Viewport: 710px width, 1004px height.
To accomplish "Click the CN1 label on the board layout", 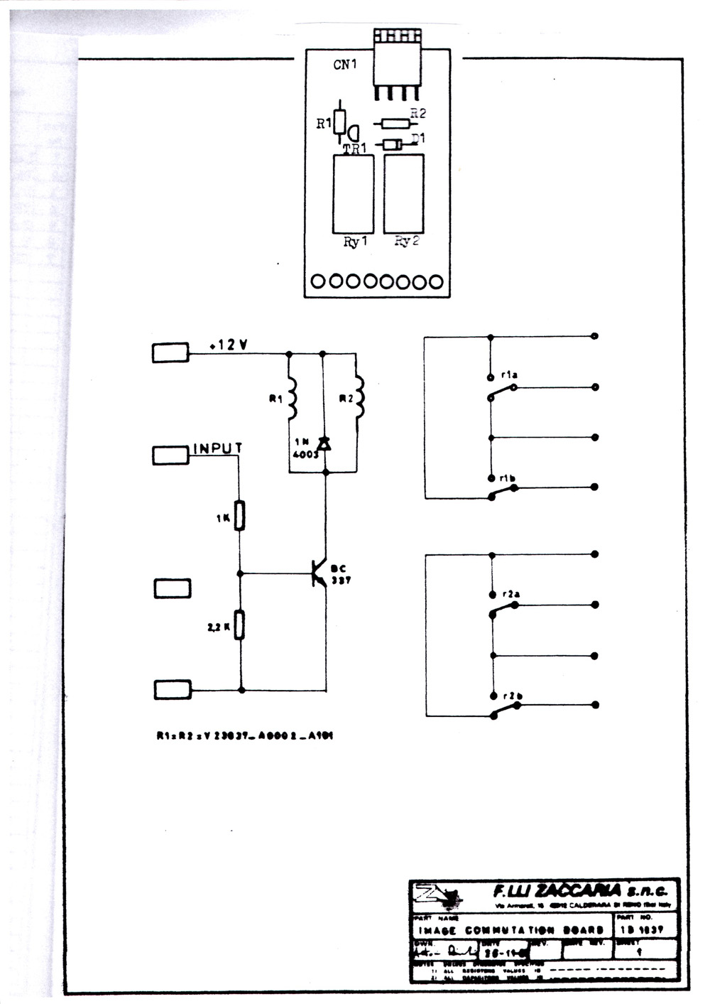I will (345, 65).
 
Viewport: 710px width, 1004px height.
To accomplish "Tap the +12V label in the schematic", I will (229, 345).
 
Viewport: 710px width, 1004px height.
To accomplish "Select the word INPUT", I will (218, 448).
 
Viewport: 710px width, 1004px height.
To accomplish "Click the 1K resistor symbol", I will (240, 516).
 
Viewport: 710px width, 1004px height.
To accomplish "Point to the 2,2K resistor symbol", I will (241, 625).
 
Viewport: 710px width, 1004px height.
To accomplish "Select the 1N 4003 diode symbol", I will (324, 444).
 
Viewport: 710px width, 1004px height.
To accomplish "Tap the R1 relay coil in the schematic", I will (291, 398).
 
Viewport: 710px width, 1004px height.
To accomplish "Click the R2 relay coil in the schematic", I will (359, 398).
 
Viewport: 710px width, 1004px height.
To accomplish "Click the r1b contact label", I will (507, 479).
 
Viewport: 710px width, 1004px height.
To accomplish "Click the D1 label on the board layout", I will (419, 138).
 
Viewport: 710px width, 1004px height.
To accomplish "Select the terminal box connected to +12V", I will (170, 352).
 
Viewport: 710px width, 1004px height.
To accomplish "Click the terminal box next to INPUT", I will (170, 455).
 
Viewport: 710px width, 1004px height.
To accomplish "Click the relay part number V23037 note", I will (244, 736).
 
